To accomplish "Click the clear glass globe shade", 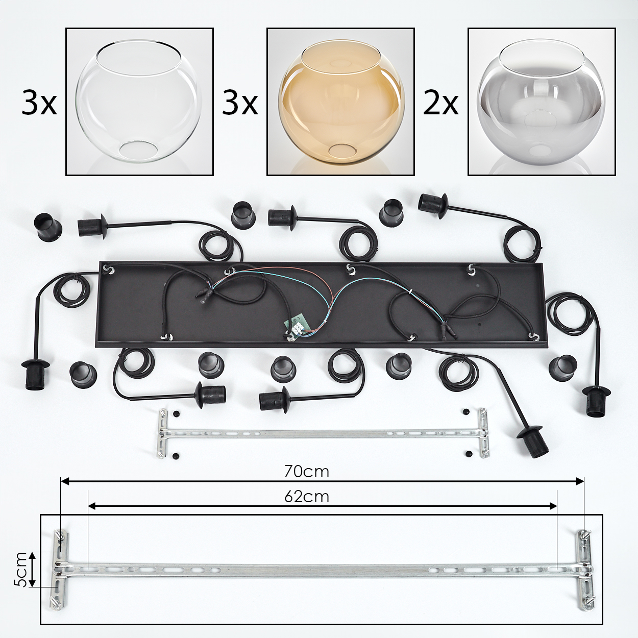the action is click(x=139, y=101).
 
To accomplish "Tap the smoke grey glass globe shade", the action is click(x=542, y=103).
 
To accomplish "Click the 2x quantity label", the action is click(x=440, y=104).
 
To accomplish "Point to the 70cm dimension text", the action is click(x=307, y=472).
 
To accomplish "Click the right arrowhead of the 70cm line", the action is click(x=579, y=482).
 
